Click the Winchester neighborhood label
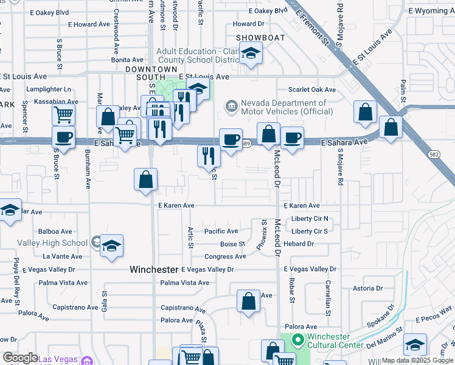pyautogui.click(x=155, y=269)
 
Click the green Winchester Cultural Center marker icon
pyautogui.click(x=297, y=339)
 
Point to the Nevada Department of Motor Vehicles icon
pyautogui.click(x=231, y=107)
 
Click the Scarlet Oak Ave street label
pyautogui.click(x=312, y=90)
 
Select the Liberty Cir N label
pyautogui.click(x=310, y=219)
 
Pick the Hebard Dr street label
pyautogui.click(x=298, y=244)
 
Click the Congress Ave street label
pyautogui.click(x=225, y=257)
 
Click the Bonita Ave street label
pyautogui.click(x=127, y=60)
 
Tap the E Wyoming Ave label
pyautogui.click(x=431, y=11)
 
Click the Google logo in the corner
pyautogui.click(x=20, y=358)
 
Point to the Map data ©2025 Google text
pyautogui.click(x=417, y=360)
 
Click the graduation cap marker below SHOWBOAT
pyautogui.click(x=250, y=54)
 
